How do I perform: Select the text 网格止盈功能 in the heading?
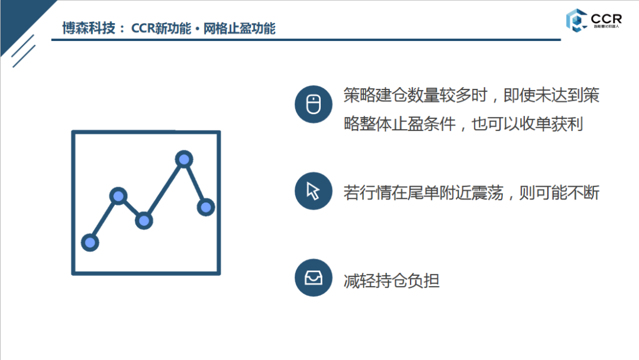(240, 28)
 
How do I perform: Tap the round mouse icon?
(313, 104)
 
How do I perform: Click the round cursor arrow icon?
(313, 191)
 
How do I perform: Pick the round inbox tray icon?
(313, 278)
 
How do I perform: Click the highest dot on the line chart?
(184, 159)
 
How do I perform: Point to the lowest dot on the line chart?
(90, 242)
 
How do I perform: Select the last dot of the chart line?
(205, 207)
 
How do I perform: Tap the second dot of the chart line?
(118, 196)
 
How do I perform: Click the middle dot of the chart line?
(144, 221)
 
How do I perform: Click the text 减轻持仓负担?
(391, 280)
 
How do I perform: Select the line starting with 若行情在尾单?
(471, 193)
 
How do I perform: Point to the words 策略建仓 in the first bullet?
(375, 95)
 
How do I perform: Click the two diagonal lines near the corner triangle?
(24, 51)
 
